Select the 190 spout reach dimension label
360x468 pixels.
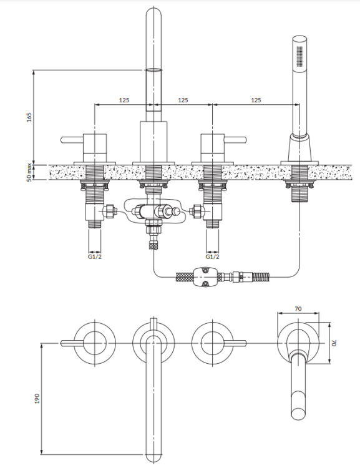(36, 397)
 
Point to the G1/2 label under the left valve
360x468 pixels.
(94, 256)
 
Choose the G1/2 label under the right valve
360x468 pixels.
(212, 256)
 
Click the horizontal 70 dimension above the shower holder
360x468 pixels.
(299, 308)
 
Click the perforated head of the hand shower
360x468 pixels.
(300, 57)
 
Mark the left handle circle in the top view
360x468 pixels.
(94, 343)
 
